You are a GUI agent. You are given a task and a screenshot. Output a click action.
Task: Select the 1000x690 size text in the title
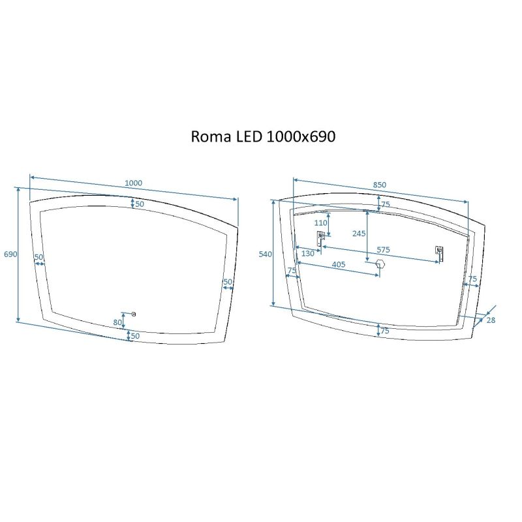301,137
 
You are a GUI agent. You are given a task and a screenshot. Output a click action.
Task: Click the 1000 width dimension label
133,183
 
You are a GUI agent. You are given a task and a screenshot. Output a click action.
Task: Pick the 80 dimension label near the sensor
118,322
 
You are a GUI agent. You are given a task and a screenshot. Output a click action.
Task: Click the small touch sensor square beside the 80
134,315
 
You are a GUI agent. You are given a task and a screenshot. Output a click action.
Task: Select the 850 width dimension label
380,185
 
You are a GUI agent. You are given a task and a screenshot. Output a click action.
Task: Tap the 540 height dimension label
265,254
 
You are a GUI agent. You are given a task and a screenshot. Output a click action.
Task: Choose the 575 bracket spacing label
382,250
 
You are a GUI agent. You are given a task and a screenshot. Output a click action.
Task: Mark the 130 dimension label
307,254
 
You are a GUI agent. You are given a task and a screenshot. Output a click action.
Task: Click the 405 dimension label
338,265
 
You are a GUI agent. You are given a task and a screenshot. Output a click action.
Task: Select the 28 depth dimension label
491,320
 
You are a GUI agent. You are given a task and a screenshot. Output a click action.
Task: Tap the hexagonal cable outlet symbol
380,264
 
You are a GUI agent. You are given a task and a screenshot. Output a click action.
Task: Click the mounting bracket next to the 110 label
321,239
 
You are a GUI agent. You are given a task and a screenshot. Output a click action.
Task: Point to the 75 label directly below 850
385,204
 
